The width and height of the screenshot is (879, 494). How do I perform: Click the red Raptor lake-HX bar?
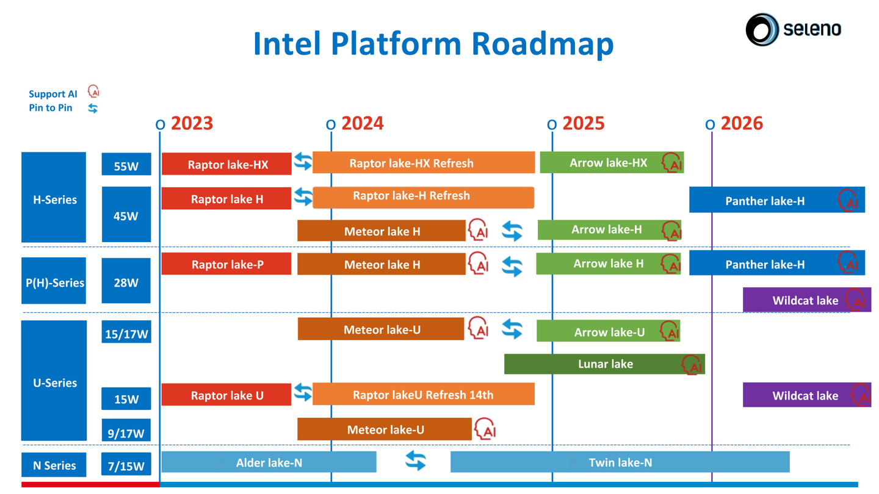(x=226, y=164)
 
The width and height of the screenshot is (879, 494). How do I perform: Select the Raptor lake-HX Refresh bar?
(x=424, y=163)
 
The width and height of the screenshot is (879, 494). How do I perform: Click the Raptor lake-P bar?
(x=226, y=264)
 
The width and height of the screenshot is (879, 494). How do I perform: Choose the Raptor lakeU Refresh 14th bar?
(x=424, y=395)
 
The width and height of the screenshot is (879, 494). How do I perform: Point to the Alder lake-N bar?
(x=269, y=462)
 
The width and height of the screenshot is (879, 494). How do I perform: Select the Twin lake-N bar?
(x=620, y=462)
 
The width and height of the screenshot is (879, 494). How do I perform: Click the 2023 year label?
(x=192, y=124)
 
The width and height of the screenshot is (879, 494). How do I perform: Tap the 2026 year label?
(x=742, y=124)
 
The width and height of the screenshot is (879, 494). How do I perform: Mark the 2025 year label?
(x=583, y=124)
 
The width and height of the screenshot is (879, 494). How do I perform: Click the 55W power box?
(x=126, y=165)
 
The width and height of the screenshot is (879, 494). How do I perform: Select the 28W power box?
(x=126, y=281)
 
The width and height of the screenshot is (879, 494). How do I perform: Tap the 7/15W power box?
(x=126, y=465)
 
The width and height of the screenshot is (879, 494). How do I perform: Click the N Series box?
(x=54, y=465)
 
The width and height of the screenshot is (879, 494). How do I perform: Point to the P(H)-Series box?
(x=54, y=281)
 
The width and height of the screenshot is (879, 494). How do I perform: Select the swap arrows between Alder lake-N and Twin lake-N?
(x=416, y=460)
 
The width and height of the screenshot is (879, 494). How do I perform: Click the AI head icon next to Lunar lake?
(x=692, y=365)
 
